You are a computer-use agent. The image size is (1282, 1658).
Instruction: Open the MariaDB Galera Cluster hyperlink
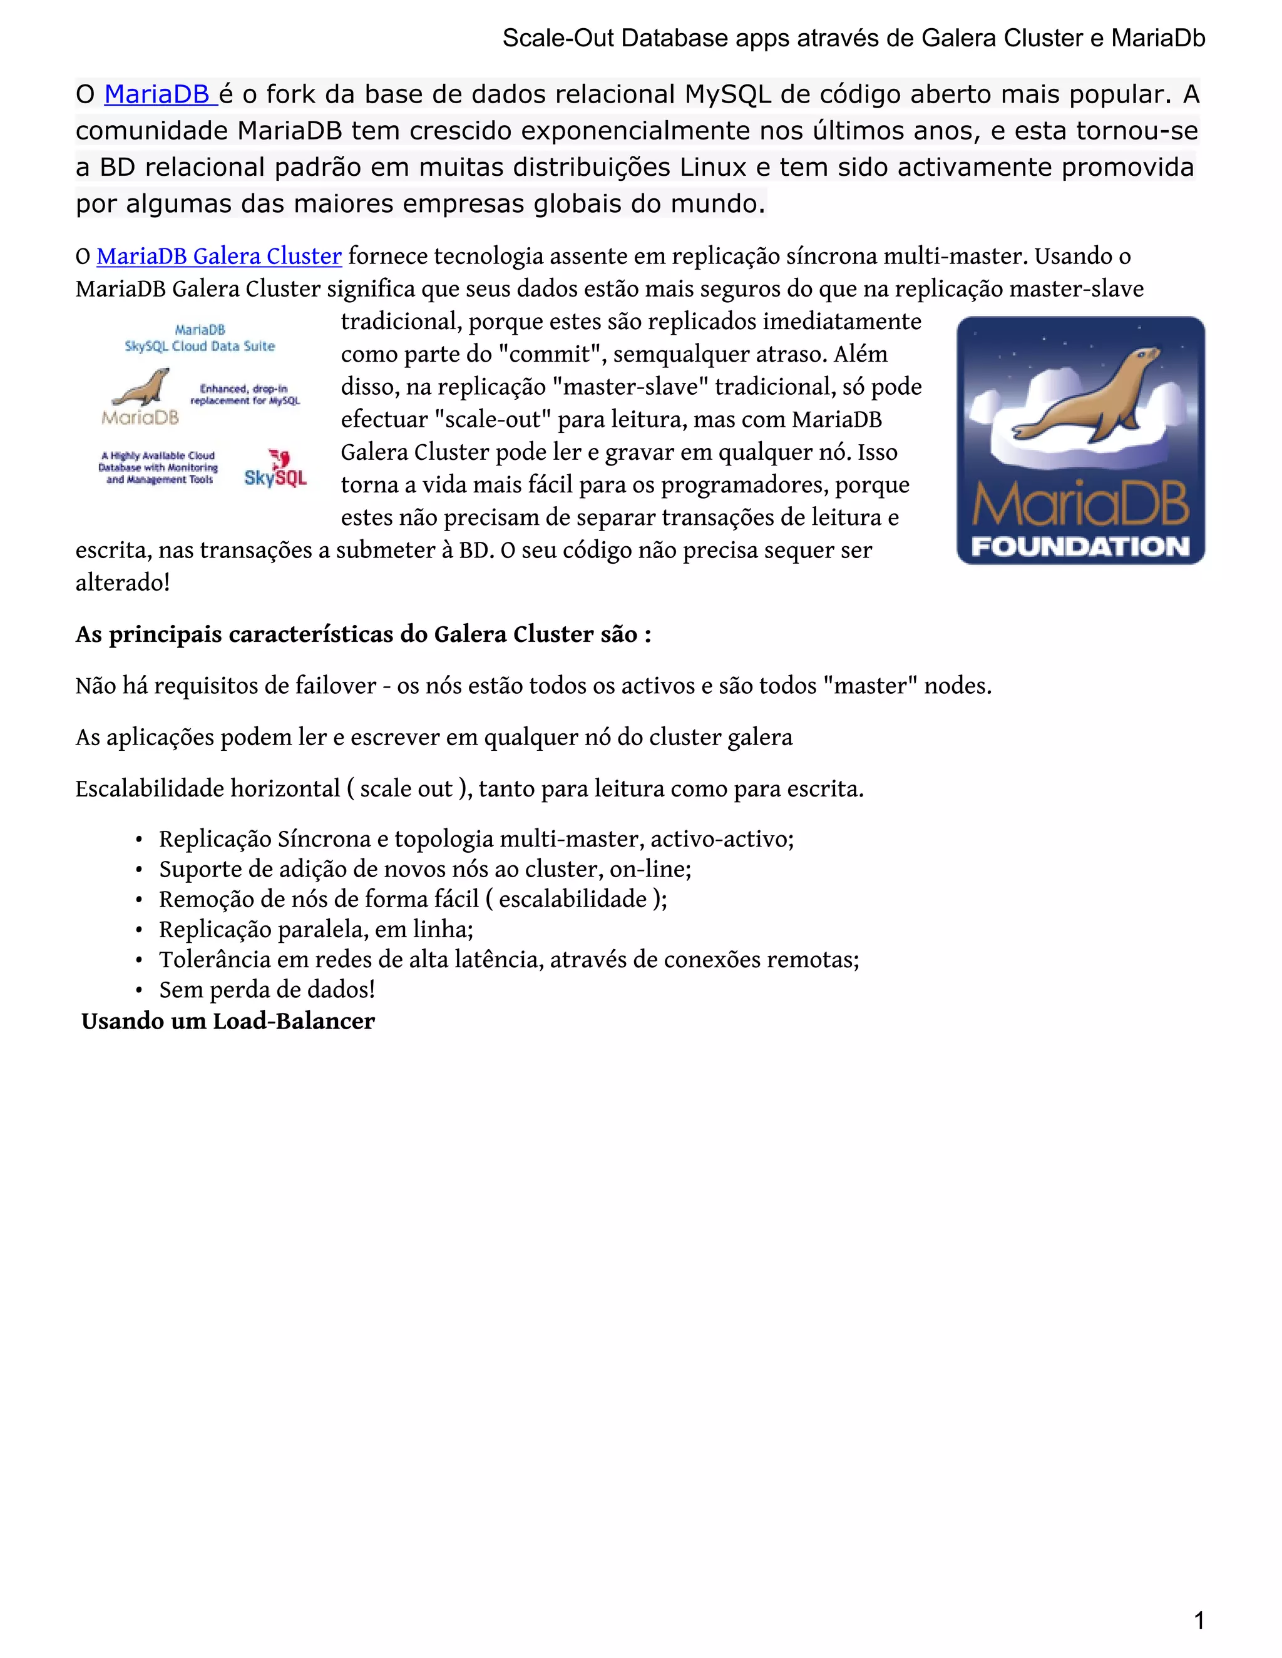218,257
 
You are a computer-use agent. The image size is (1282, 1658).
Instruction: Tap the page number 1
1199,1621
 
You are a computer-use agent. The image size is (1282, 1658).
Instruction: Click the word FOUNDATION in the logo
1080,547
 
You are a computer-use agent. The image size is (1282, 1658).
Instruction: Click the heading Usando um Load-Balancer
228,1022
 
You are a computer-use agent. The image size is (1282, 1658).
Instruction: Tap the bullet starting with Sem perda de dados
267,990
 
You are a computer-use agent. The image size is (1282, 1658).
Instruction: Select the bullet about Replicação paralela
315,930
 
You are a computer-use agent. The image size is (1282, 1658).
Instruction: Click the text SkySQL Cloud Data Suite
200,346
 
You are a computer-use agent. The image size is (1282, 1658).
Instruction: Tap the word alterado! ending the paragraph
122,583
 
